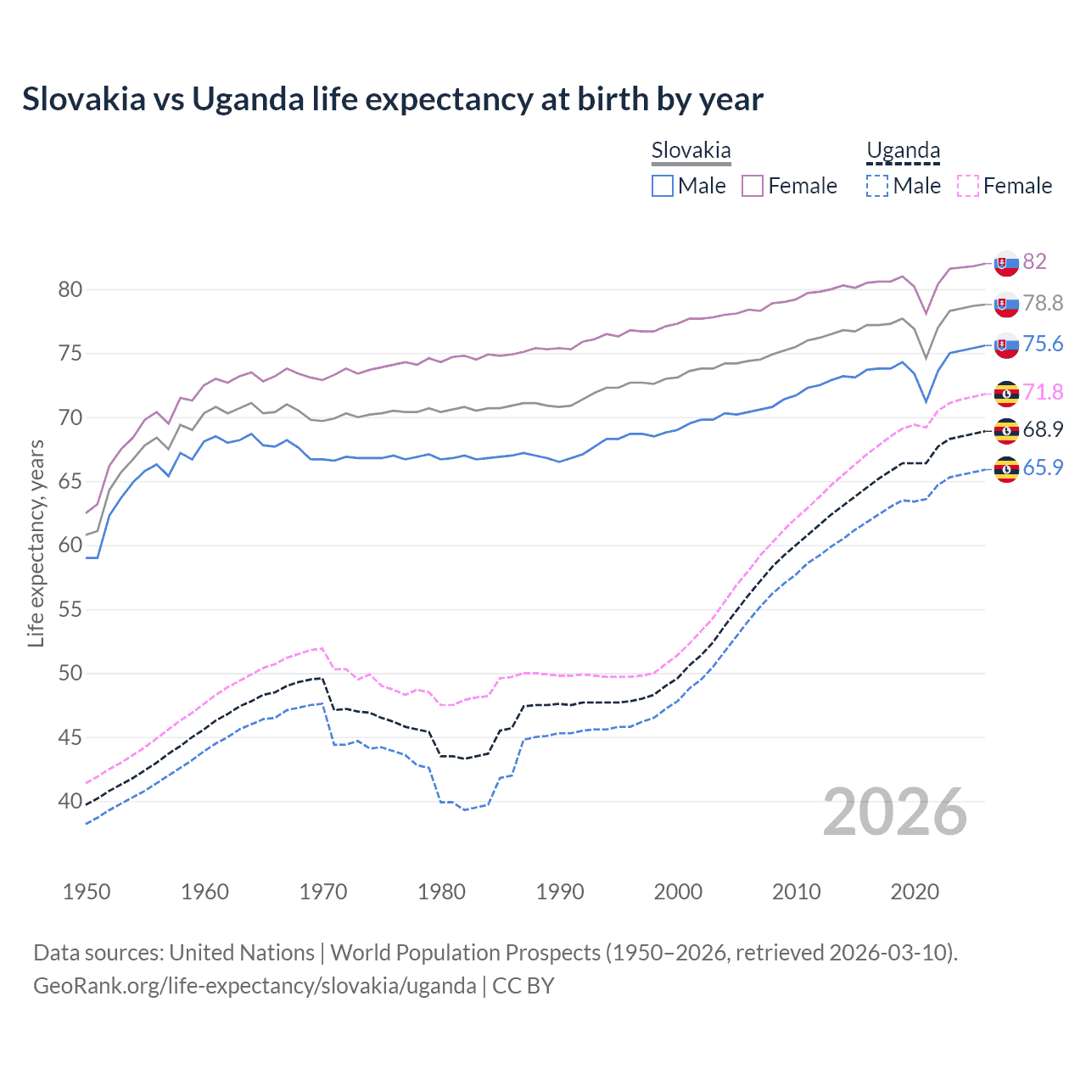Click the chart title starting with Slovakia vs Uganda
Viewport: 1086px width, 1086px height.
(x=392, y=99)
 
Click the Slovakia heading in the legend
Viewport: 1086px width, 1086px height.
(x=691, y=151)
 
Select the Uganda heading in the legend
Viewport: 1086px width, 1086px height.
(x=903, y=151)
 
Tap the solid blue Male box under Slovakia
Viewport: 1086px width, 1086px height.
(x=663, y=186)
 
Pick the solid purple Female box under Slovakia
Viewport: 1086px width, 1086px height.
(x=753, y=186)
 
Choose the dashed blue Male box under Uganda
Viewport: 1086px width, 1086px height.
(x=877, y=186)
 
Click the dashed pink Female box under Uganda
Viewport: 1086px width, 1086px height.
(x=968, y=186)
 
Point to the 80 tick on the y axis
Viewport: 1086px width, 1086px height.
(x=70, y=289)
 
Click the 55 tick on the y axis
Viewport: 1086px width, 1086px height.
(x=70, y=609)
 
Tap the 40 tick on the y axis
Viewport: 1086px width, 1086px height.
(x=70, y=801)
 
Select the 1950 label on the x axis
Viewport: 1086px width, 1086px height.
(x=87, y=892)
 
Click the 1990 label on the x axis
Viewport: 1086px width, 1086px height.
(x=560, y=892)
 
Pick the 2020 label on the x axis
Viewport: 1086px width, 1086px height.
(x=915, y=892)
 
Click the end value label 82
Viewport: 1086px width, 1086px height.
(x=1034, y=261)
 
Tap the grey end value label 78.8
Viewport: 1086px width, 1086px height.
(x=1043, y=303)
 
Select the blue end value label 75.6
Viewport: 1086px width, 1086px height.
(x=1043, y=344)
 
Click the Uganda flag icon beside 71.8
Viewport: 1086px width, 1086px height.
(x=1006, y=393)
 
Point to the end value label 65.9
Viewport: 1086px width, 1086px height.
(x=1043, y=467)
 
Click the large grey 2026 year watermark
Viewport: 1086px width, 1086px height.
(x=894, y=812)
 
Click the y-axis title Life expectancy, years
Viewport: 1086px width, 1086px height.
(x=36, y=543)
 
